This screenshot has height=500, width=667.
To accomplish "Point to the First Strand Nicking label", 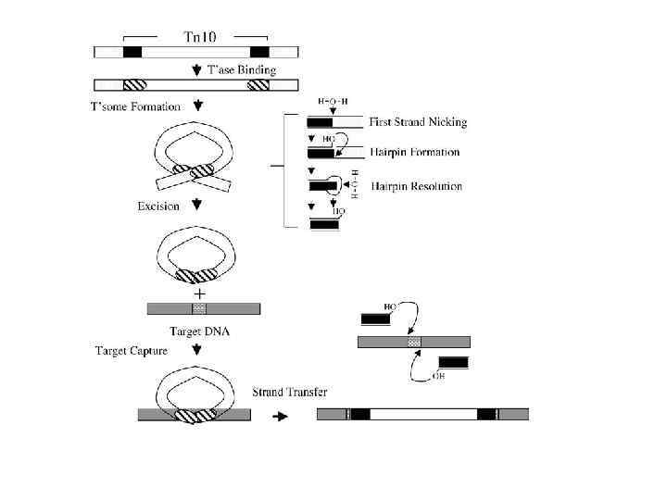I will click(x=418, y=122).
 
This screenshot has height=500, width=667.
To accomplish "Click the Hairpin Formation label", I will click(x=414, y=152).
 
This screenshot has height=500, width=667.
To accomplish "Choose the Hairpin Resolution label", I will click(x=416, y=186).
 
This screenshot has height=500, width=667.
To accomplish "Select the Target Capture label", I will click(x=135, y=351).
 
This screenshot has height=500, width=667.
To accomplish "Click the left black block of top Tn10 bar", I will click(x=132, y=52).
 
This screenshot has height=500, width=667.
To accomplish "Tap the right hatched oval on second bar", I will click(x=258, y=85).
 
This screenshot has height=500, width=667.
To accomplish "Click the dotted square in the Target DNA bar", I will click(x=199, y=308).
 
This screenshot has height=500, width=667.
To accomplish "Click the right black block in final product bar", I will click(x=485, y=414).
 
